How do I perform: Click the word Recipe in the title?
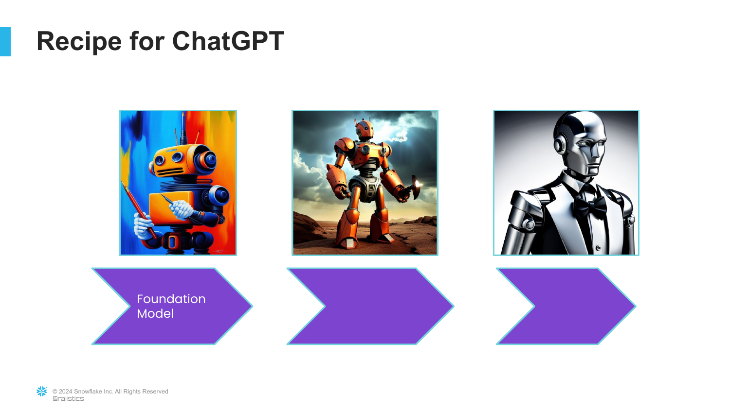click(79, 42)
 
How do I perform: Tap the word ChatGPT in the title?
click(228, 41)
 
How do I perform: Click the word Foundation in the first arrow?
click(171, 299)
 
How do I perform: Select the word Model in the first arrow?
click(155, 313)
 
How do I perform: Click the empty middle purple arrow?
click(370, 306)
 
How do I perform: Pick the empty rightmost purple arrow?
click(566, 306)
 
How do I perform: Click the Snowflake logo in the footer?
click(42, 392)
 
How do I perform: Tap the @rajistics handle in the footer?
click(68, 399)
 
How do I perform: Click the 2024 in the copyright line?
click(66, 392)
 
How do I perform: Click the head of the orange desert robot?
click(364, 128)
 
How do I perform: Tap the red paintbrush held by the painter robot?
click(138, 210)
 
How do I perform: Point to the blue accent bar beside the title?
click(5, 42)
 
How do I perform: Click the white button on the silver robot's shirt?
click(598, 248)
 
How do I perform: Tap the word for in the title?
click(147, 41)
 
